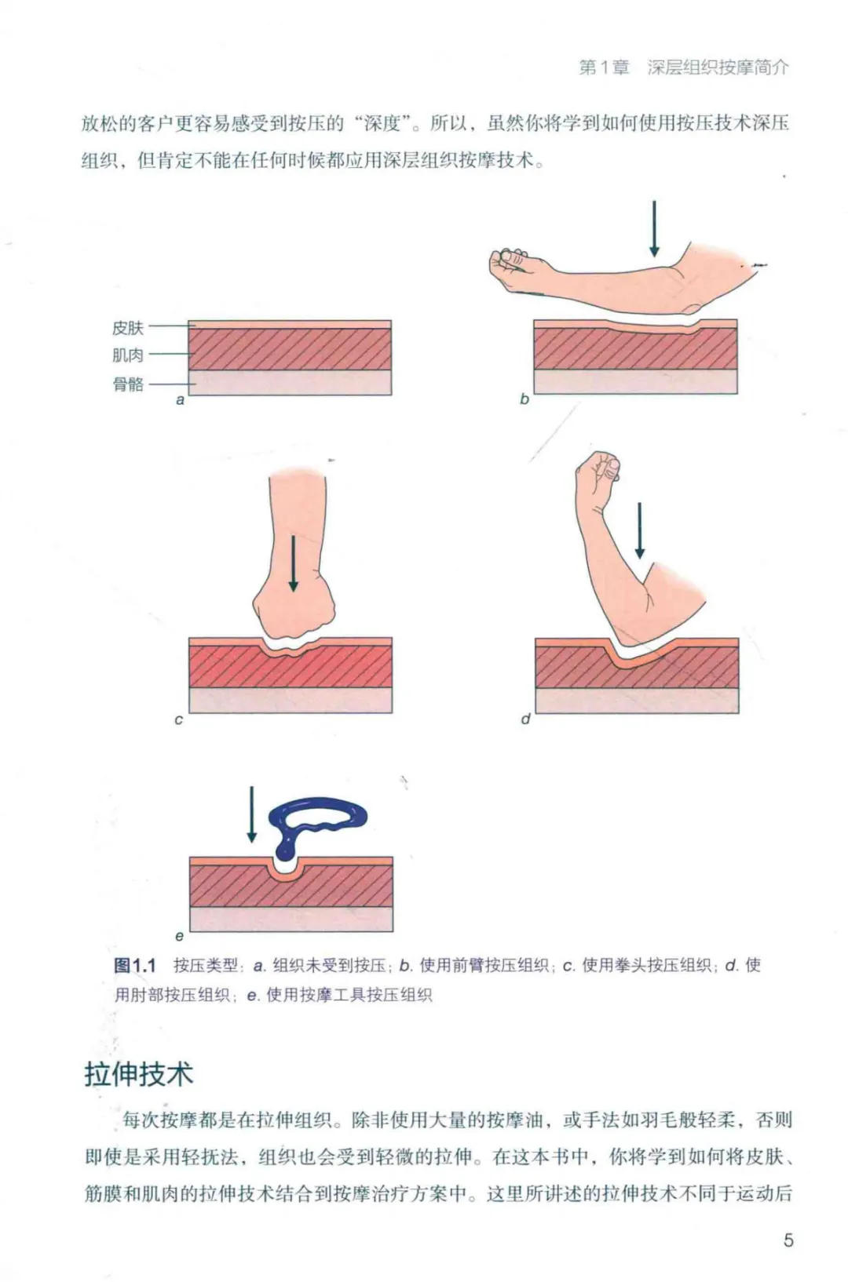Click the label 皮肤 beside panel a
[x=128, y=328]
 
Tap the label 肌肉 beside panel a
[x=128, y=355]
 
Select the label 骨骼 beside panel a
[x=128, y=384]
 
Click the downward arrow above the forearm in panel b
[x=654, y=228]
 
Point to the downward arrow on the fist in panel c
[x=293, y=563]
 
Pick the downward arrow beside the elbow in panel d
[x=640, y=530]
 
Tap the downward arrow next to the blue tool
[x=250, y=814]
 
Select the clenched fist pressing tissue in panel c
[x=293, y=615]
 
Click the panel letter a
[x=181, y=401]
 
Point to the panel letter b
[x=524, y=399]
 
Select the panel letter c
[x=179, y=720]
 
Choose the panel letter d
[x=525, y=719]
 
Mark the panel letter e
[x=180, y=937]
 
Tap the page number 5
[x=788, y=1240]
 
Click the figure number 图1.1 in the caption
[x=135, y=966]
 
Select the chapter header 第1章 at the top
[x=604, y=67]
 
